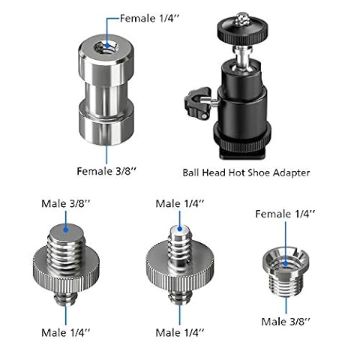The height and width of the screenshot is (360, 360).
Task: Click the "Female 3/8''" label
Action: point(106,171)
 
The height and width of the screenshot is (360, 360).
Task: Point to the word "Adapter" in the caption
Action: point(292,172)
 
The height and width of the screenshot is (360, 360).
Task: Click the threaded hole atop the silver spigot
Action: point(106,46)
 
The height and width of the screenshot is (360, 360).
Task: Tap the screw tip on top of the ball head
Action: point(242,18)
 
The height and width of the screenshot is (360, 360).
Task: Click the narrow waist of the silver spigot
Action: point(106,96)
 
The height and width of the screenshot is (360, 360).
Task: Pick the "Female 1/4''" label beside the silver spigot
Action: point(150,19)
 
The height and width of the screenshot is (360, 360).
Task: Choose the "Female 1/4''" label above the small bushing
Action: point(285,214)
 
